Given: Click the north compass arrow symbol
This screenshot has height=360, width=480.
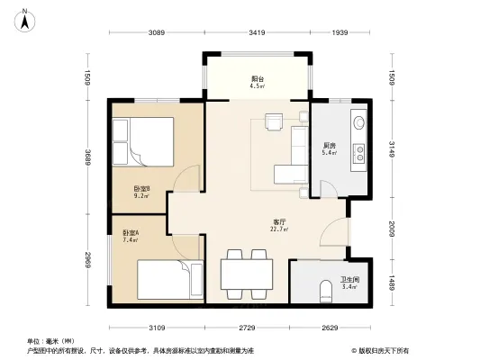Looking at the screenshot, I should pyautogui.click(x=27, y=15).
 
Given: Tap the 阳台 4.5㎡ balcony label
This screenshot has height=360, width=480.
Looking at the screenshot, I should pyautogui.click(x=257, y=83).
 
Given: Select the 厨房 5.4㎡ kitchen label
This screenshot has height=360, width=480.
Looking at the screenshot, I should pyautogui.click(x=330, y=148).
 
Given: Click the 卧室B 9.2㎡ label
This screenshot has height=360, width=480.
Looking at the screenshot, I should pyautogui.click(x=141, y=192).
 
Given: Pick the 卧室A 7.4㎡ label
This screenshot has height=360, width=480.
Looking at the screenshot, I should pyautogui.click(x=131, y=238).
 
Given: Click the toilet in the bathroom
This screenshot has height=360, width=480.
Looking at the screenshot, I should pyautogui.click(x=326, y=291).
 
